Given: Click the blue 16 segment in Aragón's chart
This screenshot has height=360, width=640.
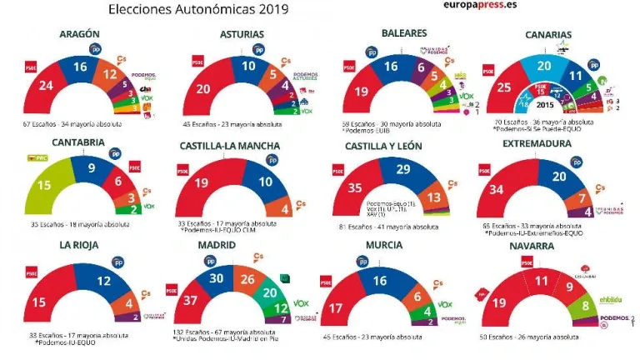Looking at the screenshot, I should tap(80, 67).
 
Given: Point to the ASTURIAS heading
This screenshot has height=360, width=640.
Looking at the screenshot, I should tap(242, 34).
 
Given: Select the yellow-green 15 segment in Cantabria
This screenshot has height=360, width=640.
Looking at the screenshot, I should tap(45, 184).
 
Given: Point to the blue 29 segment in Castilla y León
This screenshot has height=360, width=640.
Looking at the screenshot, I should tap(402, 170).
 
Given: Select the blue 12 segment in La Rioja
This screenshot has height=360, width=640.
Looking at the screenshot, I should tap(102, 282).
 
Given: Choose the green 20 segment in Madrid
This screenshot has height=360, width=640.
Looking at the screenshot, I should tap(269, 292).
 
